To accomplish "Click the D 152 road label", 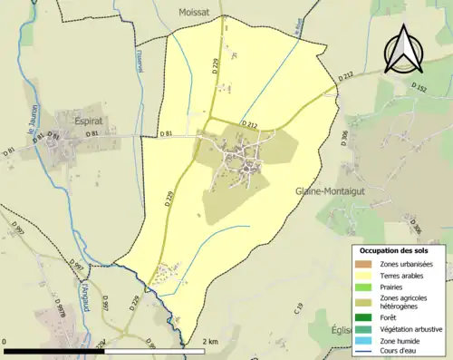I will pos(419,88).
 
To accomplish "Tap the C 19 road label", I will pos(298,308).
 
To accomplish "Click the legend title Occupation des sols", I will pos(400,249).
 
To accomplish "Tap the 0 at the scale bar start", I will pos(6,341).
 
